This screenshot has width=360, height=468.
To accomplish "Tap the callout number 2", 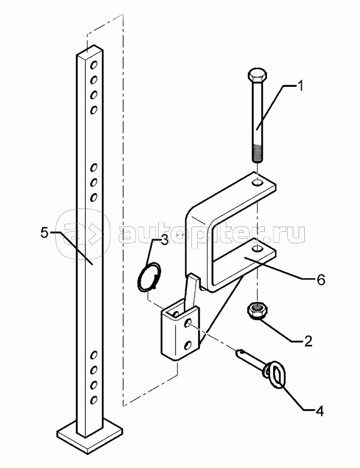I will tap(308, 341).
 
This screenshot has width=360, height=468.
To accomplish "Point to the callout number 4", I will tap(319, 411).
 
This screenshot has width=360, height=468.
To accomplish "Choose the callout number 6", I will tap(320, 280).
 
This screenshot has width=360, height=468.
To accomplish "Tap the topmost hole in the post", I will tap(95, 66).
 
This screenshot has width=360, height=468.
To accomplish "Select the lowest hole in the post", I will tap(94, 400).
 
